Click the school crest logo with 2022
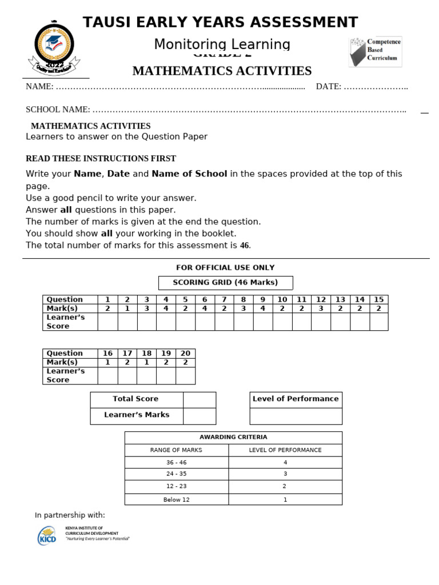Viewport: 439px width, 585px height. click(54, 47)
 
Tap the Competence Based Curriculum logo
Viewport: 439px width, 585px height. click(376, 51)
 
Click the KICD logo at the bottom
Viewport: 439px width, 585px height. click(47, 535)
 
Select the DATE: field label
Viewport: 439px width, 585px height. click(329, 87)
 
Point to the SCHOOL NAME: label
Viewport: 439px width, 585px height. click(58, 110)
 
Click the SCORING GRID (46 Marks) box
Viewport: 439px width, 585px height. click(225, 283)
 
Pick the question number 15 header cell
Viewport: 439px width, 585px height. click(378, 299)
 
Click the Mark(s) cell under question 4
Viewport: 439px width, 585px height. click(166, 308)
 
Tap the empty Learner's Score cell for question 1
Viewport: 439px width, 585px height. click(107, 322)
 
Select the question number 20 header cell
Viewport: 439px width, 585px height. click(185, 353)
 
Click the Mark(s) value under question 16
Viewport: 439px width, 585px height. click(107, 362)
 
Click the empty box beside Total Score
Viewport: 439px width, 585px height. click(199, 399)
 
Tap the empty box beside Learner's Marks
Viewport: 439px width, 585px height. click(199, 415)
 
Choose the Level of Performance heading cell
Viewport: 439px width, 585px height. click(296, 399)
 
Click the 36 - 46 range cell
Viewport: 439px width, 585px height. click(176, 463)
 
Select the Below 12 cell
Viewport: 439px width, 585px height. click(176, 500)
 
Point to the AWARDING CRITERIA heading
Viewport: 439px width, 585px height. click(233, 438)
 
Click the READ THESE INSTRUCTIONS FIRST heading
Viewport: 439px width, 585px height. click(101, 159)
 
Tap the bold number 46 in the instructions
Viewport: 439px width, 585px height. click(244, 246)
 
